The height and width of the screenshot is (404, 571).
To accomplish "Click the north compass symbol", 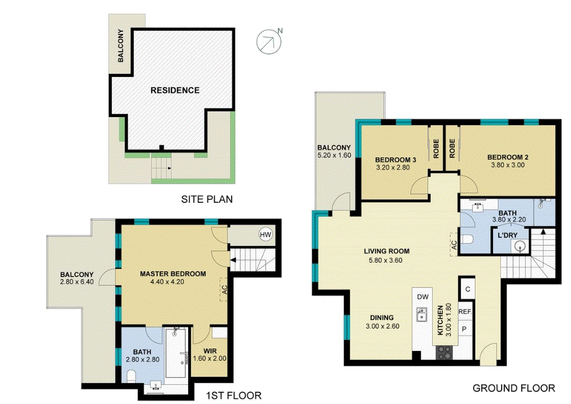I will [x=268, y=42].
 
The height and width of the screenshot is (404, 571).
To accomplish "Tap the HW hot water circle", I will [x=265, y=235].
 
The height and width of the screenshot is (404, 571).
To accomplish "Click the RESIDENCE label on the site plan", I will [x=175, y=90].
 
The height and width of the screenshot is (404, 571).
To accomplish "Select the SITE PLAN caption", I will [x=207, y=200].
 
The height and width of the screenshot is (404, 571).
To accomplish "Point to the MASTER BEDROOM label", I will [x=172, y=274].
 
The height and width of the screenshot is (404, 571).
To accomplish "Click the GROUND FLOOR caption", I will [x=514, y=388].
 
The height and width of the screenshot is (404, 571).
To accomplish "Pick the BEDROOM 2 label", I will [x=507, y=157].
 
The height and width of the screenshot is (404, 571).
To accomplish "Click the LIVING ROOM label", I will [x=386, y=251].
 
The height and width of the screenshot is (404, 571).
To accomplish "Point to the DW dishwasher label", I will [x=422, y=297].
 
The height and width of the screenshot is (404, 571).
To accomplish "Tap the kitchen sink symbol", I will [x=423, y=315].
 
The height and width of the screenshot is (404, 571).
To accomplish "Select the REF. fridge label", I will [x=465, y=312].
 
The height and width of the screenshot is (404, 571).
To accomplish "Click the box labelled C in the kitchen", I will [x=467, y=289].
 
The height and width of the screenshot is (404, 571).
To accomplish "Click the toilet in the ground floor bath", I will [x=466, y=240].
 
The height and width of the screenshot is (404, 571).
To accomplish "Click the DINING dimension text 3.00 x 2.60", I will [x=382, y=326].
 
